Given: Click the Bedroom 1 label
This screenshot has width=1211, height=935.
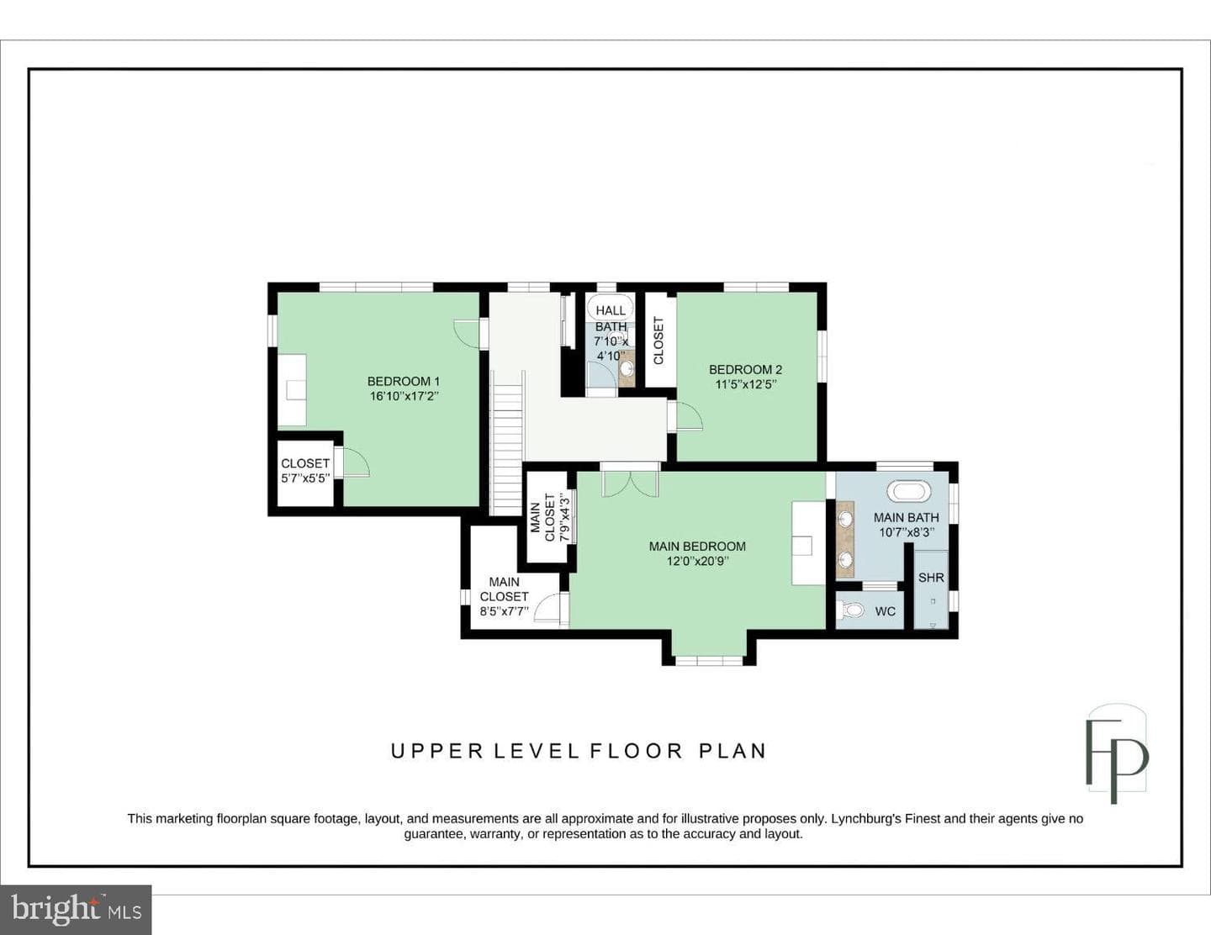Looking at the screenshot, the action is click(404, 382).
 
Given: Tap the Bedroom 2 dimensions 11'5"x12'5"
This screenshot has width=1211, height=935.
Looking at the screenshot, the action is click(746, 384).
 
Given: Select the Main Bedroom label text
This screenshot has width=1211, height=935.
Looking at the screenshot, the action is click(697, 546).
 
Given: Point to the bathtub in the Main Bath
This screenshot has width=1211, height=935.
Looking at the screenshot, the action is click(909, 492).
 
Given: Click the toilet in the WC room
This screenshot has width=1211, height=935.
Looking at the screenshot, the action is click(850, 610).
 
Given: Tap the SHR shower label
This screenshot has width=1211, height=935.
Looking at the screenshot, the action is click(931, 578).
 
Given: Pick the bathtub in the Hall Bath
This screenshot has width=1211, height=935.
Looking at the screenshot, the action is click(611, 308).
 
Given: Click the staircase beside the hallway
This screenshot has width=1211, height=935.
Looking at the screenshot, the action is click(506, 443).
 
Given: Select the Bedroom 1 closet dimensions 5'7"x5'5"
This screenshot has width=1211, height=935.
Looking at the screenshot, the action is click(305, 478).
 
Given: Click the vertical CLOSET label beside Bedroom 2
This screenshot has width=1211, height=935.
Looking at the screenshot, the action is click(658, 341).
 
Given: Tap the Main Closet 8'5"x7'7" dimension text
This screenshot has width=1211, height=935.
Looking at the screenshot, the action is click(504, 611).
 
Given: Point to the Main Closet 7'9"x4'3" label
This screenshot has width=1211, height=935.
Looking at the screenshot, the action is click(549, 517).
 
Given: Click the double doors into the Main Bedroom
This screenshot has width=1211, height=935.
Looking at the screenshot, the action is click(630, 483).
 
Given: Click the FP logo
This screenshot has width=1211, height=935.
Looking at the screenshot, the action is click(1116, 753).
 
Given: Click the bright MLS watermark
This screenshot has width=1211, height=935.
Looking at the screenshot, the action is click(76, 909).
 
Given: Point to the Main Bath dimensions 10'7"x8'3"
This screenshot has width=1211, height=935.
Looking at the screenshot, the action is click(907, 532).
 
